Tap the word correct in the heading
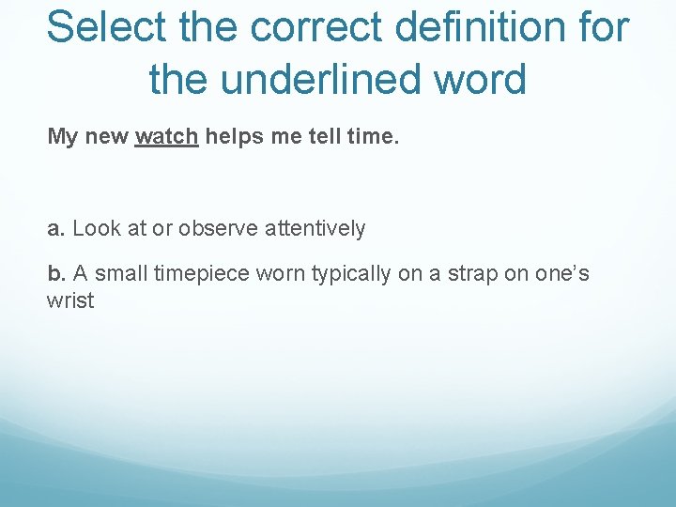305,28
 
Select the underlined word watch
166,137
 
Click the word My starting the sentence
63,137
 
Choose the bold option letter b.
55,274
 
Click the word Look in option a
92,228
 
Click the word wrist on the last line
70,302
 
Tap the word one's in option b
562,274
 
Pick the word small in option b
126,274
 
